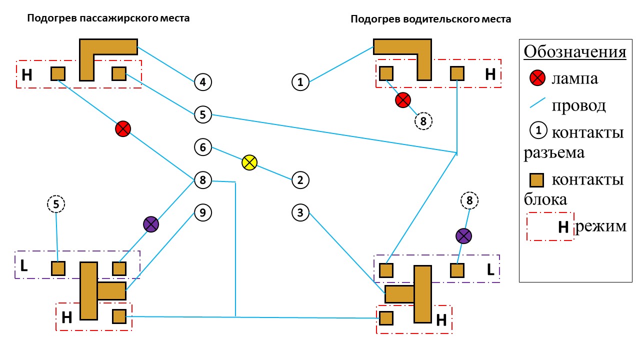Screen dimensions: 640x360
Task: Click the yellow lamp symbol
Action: pos(249,162)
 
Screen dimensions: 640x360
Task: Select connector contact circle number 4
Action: pos(203,82)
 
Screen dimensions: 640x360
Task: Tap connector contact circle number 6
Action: pos(203,147)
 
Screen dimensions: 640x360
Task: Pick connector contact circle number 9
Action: pos(203,212)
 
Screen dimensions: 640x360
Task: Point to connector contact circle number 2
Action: pos(300,180)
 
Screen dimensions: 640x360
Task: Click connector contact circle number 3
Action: pos(300,212)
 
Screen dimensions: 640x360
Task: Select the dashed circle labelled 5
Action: pos(56,204)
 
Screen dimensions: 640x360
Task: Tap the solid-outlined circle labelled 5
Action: pos(203,114)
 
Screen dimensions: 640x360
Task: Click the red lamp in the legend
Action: pos(537,77)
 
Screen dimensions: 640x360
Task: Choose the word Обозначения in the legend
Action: pos(575,52)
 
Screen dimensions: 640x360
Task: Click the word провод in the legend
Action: pos(578,105)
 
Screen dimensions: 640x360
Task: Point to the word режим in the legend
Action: pos(601,226)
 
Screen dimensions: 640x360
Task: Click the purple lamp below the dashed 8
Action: pos(463,236)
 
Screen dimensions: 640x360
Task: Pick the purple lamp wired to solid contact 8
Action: pos(151,224)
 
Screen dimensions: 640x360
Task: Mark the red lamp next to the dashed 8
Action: pos(403,100)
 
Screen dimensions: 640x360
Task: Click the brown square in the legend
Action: pos(536,180)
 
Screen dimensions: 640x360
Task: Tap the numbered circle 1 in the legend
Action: pos(538,130)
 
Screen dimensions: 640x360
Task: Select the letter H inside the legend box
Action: pos(563,227)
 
